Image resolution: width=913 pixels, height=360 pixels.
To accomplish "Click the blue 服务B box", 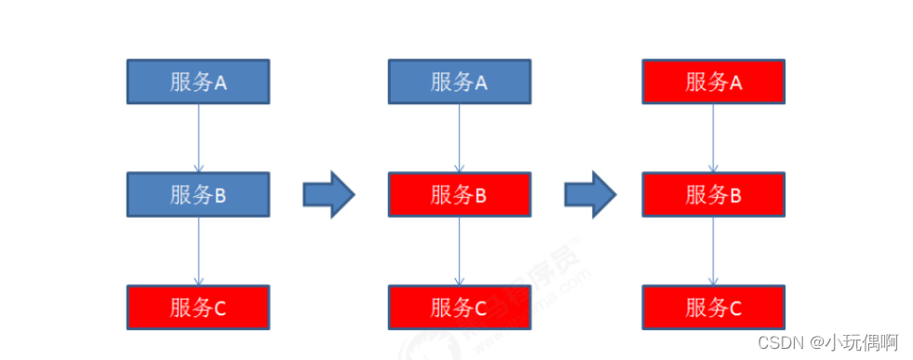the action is click(x=198, y=194).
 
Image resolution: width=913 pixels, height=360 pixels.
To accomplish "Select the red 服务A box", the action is click(x=714, y=82).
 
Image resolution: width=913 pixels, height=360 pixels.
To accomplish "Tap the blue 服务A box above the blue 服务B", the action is click(x=198, y=82).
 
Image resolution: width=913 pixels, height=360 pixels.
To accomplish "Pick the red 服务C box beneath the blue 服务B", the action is click(x=198, y=307).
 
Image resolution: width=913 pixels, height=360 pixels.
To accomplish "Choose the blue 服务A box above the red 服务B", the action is click(x=459, y=82).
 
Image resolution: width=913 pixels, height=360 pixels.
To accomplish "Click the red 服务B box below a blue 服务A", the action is click(x=459, y=194).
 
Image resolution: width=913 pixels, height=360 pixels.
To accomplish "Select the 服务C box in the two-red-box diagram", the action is click(x=459, y=307).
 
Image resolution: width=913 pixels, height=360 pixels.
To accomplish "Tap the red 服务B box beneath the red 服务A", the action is click(x=714, y=194).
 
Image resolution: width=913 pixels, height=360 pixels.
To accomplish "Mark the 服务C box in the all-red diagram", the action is click(x=714, y=307).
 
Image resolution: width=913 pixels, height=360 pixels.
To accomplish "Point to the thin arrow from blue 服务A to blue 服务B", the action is click(x=198, y=138).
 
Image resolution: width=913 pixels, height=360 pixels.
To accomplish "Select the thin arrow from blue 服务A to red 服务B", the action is click(x=459, y=138).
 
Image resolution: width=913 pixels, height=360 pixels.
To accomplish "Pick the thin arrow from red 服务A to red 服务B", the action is click(x=714, y=138).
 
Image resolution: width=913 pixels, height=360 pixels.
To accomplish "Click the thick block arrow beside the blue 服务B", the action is click(x=329, y=194).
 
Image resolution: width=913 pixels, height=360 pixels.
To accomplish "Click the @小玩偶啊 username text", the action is click(x=853, y=341).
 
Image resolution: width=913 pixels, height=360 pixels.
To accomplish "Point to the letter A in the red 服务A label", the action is click(x=736, y=83).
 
